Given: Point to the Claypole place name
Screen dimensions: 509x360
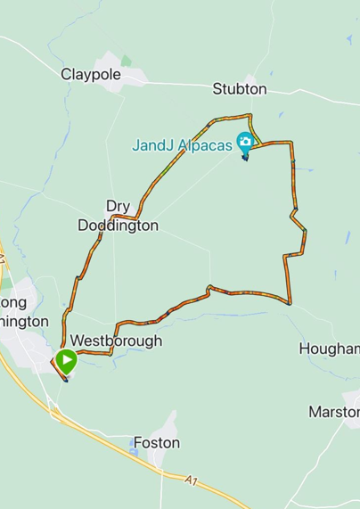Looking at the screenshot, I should pos(90,74).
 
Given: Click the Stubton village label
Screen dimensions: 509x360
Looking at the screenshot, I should pos(239,89).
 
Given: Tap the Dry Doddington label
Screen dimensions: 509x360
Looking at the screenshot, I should pos(118,215).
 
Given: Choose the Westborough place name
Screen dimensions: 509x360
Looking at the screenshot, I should pos(116,341).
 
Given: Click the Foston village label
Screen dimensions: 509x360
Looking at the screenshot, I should pos(156,443).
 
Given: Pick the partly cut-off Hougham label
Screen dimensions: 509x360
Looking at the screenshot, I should pos(329,349).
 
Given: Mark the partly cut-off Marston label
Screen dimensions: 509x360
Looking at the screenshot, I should pos(333,412).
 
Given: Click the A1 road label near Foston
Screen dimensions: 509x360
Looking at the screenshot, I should pos(192,482).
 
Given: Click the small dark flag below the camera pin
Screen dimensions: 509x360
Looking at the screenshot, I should pos(245,158).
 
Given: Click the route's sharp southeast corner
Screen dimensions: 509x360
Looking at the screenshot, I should pos(290,303).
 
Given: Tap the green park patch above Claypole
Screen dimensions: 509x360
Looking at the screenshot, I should pos(126,61).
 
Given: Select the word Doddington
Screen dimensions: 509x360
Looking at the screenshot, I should pos(118,226).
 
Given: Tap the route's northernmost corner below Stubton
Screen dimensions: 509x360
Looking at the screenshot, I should pos(250,115).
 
